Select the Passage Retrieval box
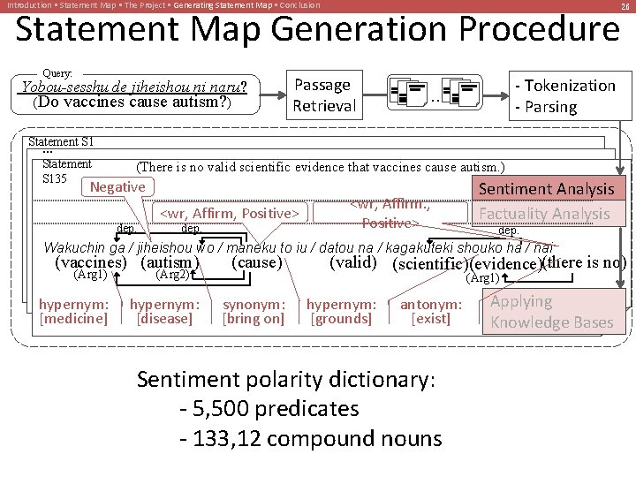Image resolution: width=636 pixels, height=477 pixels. tap(324, 95)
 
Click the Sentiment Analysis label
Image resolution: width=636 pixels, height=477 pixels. tap(545, 188)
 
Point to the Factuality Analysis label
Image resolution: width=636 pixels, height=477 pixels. tap(544, 213)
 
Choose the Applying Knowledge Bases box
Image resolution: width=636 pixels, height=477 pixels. tap(551, 312)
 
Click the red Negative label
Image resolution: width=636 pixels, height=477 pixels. tap(117, 186)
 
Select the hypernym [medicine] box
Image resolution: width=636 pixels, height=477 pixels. tap(74, 311)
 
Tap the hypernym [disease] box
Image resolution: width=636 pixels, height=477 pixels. tap(164, 311)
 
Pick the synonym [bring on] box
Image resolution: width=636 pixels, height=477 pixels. tap(254, 311)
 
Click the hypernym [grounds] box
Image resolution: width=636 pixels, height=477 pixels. tap(341, 311)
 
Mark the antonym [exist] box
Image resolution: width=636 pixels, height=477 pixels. tap(431, 311)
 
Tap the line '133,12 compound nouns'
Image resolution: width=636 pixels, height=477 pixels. tap(310, 438)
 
